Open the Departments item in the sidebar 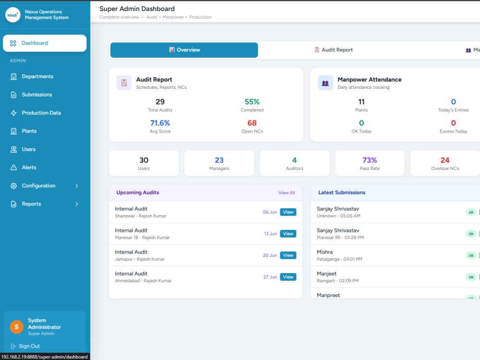(37, 76)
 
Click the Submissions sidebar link (37, 95)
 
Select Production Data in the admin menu (41, 113)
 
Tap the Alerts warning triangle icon (13, 168)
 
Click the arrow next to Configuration (76, 186)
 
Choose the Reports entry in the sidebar (31, 204)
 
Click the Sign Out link (29, 346)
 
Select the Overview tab (184, 50)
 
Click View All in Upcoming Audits (287, 193)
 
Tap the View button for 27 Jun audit (288, 277)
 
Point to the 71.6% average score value (160, 123)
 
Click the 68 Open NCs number (252, 123)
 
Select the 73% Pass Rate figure (370, 160)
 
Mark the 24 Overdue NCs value (445, 160)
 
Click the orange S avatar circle (16, 327)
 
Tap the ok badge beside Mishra (471, 255)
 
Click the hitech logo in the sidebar (13, 15)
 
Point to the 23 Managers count (219, 160)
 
